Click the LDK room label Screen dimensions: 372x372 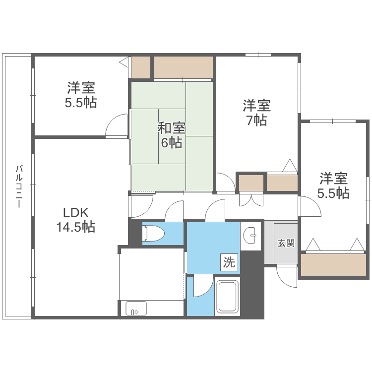tap(75, 213)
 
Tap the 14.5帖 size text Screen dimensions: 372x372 tap(75, 227)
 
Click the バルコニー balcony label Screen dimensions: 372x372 tap(18, 186)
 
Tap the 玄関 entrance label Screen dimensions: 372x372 tap(286, 243)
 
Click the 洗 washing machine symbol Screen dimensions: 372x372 tap(229, 262)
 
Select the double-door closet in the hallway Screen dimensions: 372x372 tap(251, 199)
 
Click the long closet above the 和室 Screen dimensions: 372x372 tap(183, 67)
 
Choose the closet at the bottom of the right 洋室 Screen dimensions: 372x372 tap(333, 265)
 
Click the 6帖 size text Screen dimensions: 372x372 tap(172, 143)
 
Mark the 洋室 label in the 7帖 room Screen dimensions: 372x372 tap(256, 105)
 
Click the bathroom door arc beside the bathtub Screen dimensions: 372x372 tap(201, 286)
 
